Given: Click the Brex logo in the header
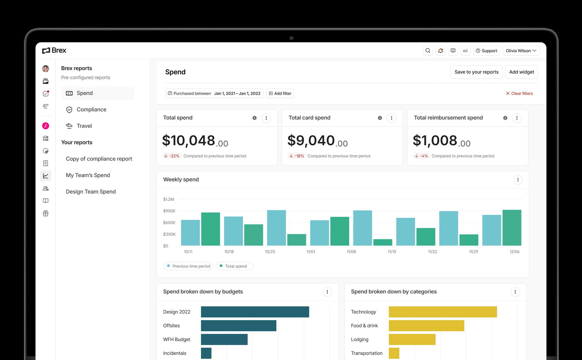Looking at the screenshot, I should pos(54,51).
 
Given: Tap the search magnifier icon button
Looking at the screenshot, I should pos(428,51).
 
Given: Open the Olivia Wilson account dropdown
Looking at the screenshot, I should pos(521,51).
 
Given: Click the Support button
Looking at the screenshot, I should pos(486,51).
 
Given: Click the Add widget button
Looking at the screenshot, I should pos(521,72).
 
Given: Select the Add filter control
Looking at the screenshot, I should pos(280,93).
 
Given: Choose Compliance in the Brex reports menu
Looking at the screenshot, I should pos(91,109).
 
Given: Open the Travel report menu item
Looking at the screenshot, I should pos(84,126).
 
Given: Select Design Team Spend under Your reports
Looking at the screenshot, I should pos(91,192).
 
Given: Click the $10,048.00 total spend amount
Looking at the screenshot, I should pos(195,141).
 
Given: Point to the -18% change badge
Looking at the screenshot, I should pos(297,156).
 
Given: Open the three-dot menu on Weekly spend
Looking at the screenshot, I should pos(518,180).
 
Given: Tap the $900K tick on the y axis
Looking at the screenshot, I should pos(169,211).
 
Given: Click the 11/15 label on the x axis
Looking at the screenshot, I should pos(392,252).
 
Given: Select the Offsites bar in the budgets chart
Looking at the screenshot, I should pos(238,326).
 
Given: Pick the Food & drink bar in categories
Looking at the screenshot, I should pos(426,326).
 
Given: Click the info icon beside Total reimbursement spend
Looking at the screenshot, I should pos(505,118).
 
